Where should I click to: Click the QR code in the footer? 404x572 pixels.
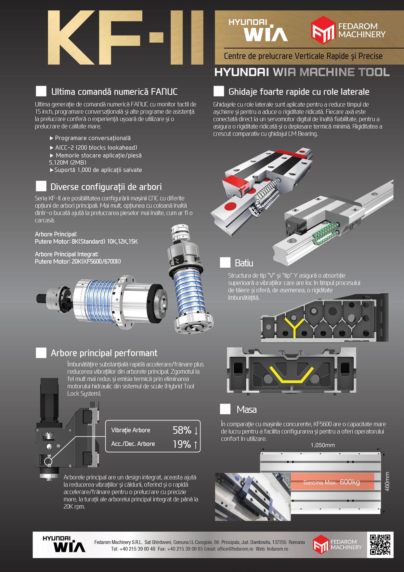tap(380, 544)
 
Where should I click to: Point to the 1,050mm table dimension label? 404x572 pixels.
tap(322, 445)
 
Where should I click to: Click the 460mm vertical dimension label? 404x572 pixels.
tap(387, 482)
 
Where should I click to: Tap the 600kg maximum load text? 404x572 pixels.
tap(350, 482)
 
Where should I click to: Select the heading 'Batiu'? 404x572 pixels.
tap(244, 263)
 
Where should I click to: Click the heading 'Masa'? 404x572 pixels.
tap(247, 409)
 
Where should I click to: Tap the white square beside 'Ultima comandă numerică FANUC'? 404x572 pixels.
tap(41, 91)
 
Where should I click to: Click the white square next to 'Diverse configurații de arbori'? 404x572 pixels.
tap(41, 186)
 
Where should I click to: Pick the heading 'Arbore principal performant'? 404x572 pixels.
tap(104, 353)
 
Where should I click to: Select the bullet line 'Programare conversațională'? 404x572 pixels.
tap(90, 138)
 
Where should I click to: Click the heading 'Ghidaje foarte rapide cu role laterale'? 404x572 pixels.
tap(299, 92)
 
